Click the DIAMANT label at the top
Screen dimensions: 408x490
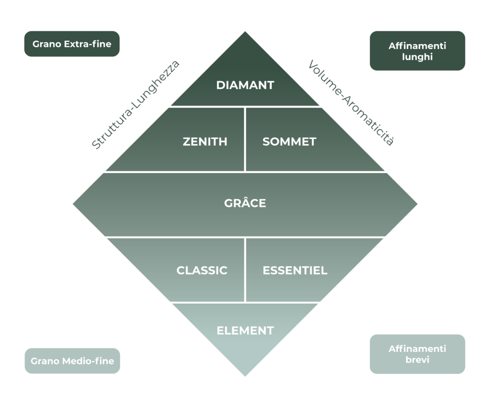(x=245, y=85)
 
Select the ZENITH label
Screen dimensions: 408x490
(x=205, y=142)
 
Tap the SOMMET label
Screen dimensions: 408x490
(x=289, y=142)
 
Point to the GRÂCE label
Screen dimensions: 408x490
(x=245, y=203)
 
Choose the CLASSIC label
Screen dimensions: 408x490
(x=201, y=270)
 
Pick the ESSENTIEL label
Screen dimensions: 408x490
(x=295, y=270)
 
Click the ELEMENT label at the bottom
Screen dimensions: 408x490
(x=245, y=331)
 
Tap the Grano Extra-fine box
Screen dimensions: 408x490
(x=72, y=44)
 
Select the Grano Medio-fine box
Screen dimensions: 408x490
(x=72, y=361)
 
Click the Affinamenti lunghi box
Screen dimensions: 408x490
(x=417, y=51)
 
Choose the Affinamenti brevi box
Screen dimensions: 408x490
(x=417, y=354)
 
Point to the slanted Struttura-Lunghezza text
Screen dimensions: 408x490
(x=135, y=105)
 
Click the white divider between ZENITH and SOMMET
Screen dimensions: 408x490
(x=245, y=139)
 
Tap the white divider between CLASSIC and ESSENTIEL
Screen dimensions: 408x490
(x=245, y=269)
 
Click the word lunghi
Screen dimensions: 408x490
(x=417, y=57)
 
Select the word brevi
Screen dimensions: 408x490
(x=417, y=360)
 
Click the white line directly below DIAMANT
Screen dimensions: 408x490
(x=245, y=106)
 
